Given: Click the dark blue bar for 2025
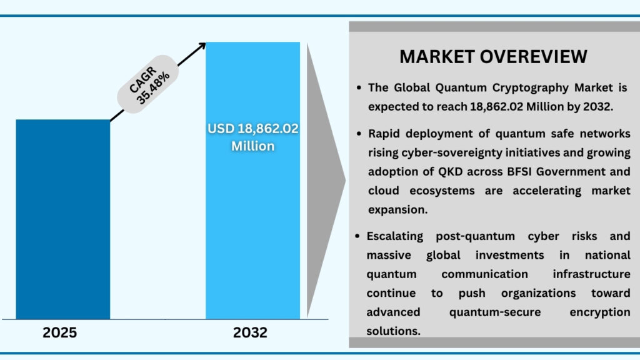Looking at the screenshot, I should tap(62, 219).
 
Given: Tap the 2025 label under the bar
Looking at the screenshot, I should tap(60, 332).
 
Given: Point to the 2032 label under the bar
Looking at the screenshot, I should tap(250, 332).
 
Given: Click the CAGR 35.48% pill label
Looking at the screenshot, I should tap(148, 87).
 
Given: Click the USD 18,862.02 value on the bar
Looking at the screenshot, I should tap(253, 129).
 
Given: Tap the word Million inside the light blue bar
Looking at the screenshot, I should tap(252, 146).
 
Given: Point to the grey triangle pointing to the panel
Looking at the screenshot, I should tap(325, 181).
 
